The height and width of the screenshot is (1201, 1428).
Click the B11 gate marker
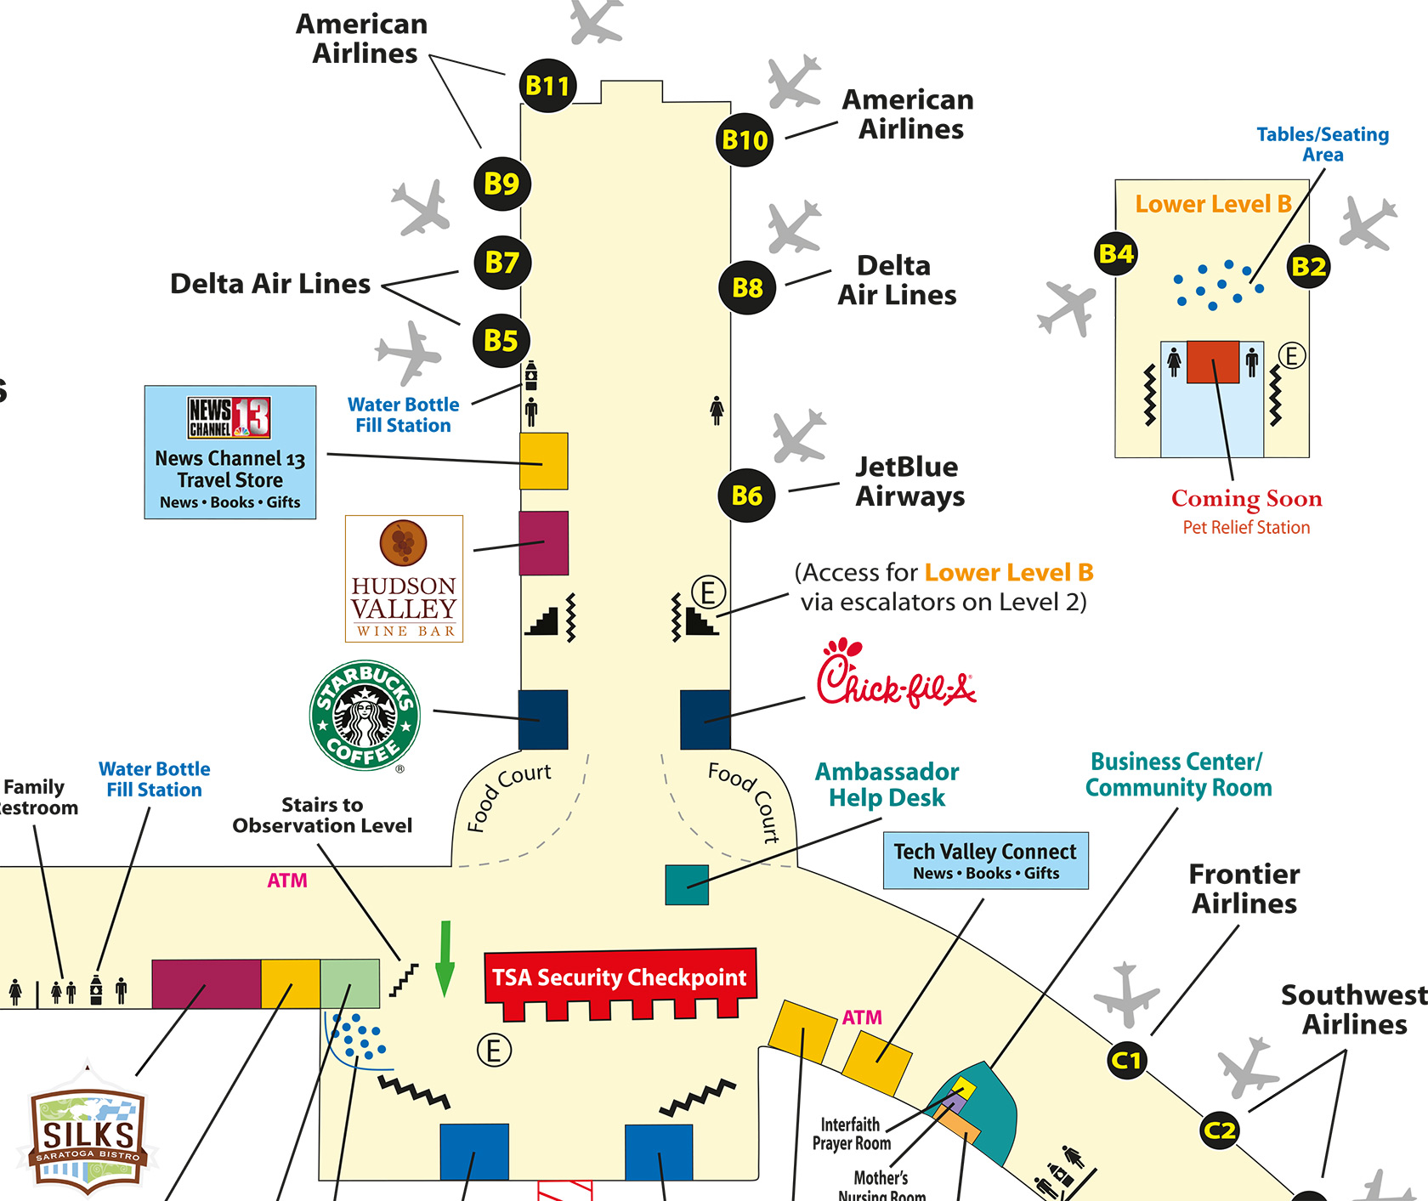(547, 86)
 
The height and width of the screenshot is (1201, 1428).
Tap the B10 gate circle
(745, 139)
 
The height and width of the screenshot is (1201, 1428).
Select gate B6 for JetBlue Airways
(746, 496)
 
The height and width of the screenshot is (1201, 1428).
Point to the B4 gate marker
(1116, 253)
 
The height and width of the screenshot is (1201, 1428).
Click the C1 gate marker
(1126, 1060)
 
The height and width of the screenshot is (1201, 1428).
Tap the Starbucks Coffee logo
(365, 715)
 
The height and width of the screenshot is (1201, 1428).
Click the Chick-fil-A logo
(895, 675)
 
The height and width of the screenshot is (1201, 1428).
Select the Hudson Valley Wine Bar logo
(404, 579)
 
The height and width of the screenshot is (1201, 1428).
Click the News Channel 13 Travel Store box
(229, 452)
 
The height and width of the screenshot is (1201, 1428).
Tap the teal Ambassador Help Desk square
(687, 885)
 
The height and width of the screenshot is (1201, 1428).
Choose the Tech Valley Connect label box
(985, 860)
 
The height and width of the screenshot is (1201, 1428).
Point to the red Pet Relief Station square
(1213, 362)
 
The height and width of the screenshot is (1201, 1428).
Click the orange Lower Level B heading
(1213, 204)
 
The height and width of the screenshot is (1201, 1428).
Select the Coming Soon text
(1246, 498)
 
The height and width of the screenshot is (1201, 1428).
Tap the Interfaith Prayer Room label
(851, 1134)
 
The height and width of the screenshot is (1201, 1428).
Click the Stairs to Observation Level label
(322, 815)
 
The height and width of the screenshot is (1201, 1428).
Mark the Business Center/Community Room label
(1178, 774)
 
